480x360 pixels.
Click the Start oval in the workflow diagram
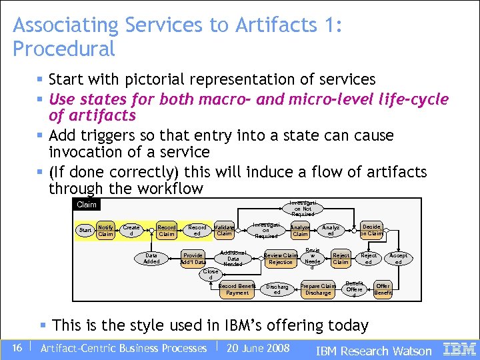click(85, 231)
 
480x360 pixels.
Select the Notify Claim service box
click(105, 231)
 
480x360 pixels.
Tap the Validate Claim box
click(225, 231)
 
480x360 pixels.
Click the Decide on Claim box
click(372, 230)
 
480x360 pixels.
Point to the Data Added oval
click(151, 258)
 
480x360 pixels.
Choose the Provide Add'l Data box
click(193, 259)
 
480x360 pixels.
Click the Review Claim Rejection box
click(281, 259)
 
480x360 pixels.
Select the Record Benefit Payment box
click(237, 289)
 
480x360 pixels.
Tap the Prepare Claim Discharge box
click(318, 289)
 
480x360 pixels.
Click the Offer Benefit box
click(383, 289)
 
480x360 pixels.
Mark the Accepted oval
click(399, 259)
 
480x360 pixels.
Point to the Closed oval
click(211, 274)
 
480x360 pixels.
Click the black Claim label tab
click(87, 205)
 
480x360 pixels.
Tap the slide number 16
click(17, 348)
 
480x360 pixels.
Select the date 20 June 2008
click(258, 348)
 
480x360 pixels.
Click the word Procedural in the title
click(64, 49)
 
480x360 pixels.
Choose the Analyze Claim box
click(301, 231)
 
